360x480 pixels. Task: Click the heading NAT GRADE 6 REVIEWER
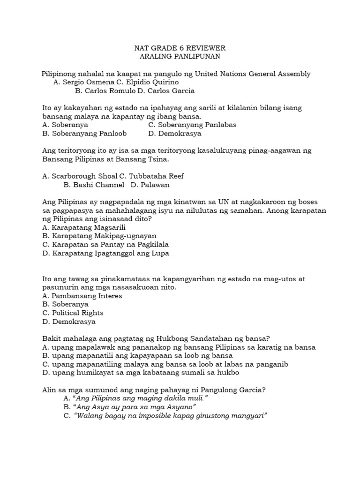pyautogui.click(x=180, y=48)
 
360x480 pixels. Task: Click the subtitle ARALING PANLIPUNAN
pyautogui.click(x=180, y=57)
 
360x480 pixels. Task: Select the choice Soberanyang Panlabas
pyautogui.click(x=192, y=125)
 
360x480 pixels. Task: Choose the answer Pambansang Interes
pyautogui.click(x=82, y=296)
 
